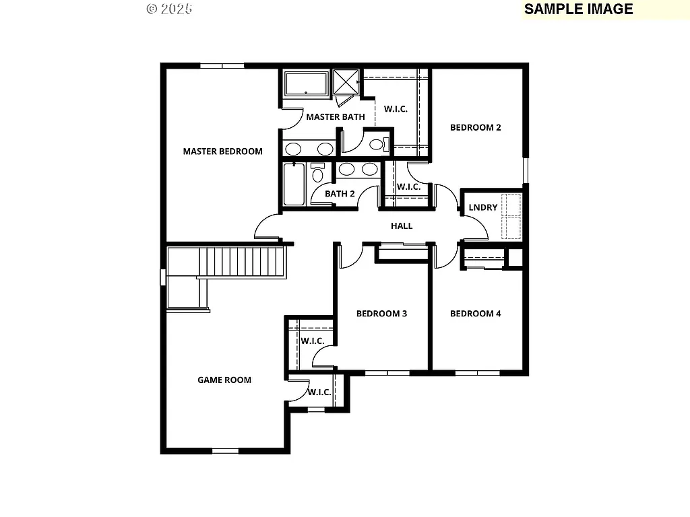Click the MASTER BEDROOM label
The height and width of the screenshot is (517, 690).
(x=222, y=151)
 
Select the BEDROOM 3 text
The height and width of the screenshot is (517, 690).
(x=381, y=314)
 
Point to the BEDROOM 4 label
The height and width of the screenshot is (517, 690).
(x=476, y=314)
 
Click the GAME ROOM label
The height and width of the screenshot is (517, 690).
(x=224, y=380)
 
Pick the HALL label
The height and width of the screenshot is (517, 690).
(x=402, y=226)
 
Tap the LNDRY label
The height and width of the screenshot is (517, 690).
(x=483, y=207)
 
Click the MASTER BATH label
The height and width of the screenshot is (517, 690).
(x=336, y=117)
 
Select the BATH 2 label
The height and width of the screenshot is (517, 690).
(x=340, y=194)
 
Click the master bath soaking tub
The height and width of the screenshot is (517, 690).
(x=306, y=84)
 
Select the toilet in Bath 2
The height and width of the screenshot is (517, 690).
(x=317, y=174)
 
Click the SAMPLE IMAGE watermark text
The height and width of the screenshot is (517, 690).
(x=578, y=9)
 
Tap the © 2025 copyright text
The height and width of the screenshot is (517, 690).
(x=169, y=9)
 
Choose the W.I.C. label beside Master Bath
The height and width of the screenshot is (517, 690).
(x=396, y=109)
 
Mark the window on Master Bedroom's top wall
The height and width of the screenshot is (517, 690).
(x=222, y=65)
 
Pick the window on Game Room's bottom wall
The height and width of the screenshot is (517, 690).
(x=226, y=450)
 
